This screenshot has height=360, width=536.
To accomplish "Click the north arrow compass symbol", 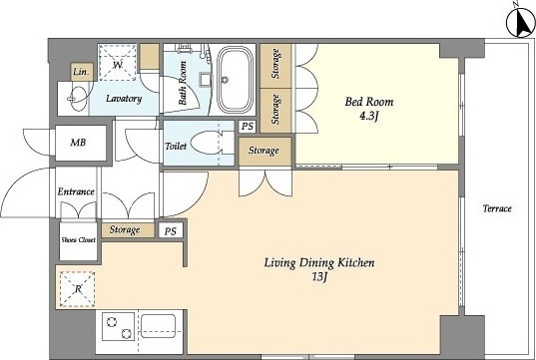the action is click(x=521, y=23).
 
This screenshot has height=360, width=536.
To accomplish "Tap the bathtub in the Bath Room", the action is click(x=235, y=80).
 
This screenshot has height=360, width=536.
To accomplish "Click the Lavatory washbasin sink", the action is click(x=77, y=99).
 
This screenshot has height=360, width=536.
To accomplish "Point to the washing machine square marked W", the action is click(x=118, y=63).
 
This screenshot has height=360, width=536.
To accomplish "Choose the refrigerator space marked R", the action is click(x=78, y=289).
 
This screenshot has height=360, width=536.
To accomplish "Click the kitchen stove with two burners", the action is click(x=118, y=326).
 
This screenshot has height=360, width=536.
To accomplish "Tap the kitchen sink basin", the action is click(x=159, y=326).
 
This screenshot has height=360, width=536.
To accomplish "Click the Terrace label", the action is click(x=497, y=208).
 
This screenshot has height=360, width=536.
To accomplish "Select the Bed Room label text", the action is click(x=369, y=102).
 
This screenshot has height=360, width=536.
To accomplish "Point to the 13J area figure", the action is click(x=319, y=277).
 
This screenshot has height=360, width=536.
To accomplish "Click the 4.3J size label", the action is click(x=368, y=117).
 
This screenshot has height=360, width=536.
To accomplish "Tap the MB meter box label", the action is click(x=78, y=142).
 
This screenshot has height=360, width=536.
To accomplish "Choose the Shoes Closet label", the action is click(x=78, y=239).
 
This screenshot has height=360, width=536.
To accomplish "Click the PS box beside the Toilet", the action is click(x=248, y=127).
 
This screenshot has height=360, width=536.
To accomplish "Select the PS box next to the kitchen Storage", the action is click(x=171, y=231).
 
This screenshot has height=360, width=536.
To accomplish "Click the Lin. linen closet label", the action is click(x=82, y=72).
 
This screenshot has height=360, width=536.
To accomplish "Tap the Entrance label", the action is click(x=76, y=191).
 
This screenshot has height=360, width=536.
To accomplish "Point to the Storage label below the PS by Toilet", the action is click(x=264, y=151).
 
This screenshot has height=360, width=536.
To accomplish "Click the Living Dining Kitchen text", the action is click(x=319, y=263).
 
